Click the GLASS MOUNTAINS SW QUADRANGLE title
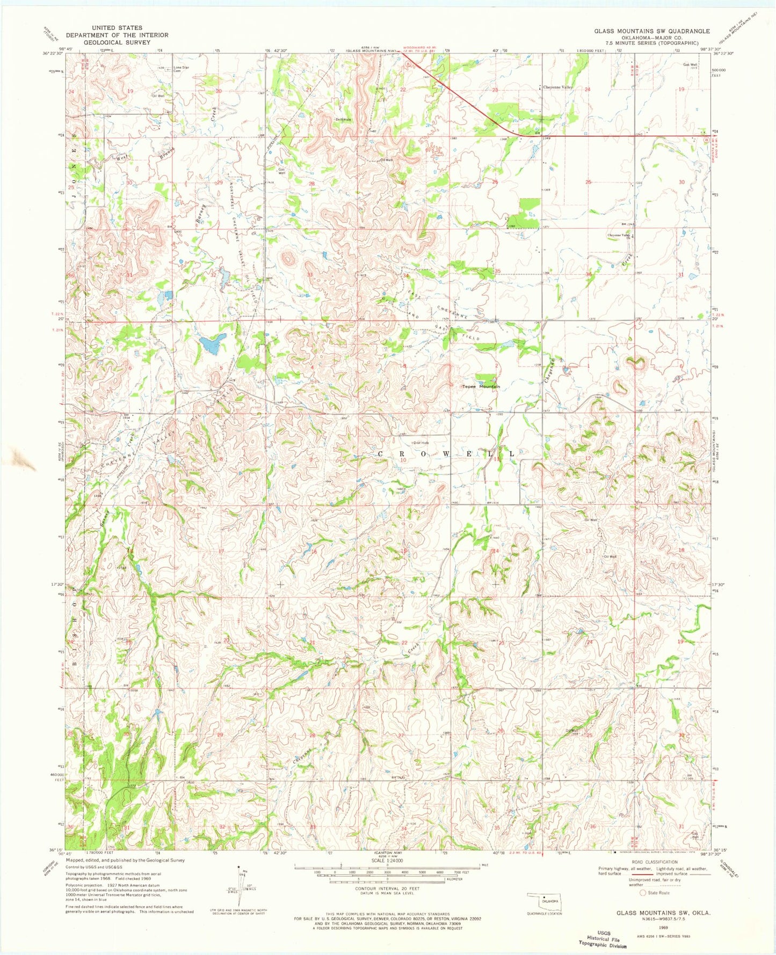651,31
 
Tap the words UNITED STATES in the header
117,27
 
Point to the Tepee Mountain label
481,386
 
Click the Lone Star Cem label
182,69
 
